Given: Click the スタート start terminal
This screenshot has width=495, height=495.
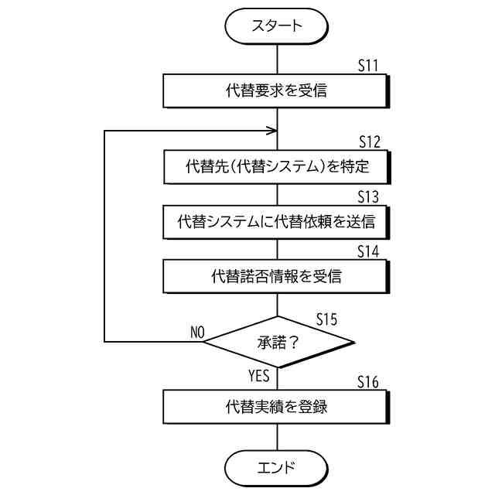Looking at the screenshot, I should click(276, 26).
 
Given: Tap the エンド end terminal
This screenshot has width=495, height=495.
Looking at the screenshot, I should click(276, 467).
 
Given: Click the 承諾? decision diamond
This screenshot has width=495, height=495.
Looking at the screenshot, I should click(276, 341).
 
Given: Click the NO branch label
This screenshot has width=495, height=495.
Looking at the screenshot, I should click(196, 332).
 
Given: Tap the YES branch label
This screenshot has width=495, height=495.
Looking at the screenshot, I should click(258, 377).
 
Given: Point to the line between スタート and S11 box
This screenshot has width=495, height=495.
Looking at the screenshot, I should click(276, 60).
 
